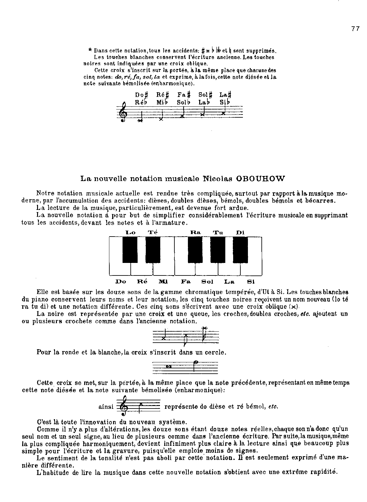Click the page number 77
click(355, 29)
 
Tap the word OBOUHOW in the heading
click(263, 179)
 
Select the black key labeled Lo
click(130, 249)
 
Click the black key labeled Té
click(153, 249)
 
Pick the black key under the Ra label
click(195, 249)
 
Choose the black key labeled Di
click(240, 249)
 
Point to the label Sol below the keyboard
click(207, 281)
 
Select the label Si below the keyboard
click(251, 281)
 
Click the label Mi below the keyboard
click(163, 281)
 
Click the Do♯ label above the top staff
click(141, 95)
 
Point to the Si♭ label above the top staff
click(225, 102)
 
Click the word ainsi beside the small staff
click(106, 407)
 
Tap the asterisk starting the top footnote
click(90, 50)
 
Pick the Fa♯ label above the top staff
click(184, 95)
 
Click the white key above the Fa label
click(185, 269)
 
